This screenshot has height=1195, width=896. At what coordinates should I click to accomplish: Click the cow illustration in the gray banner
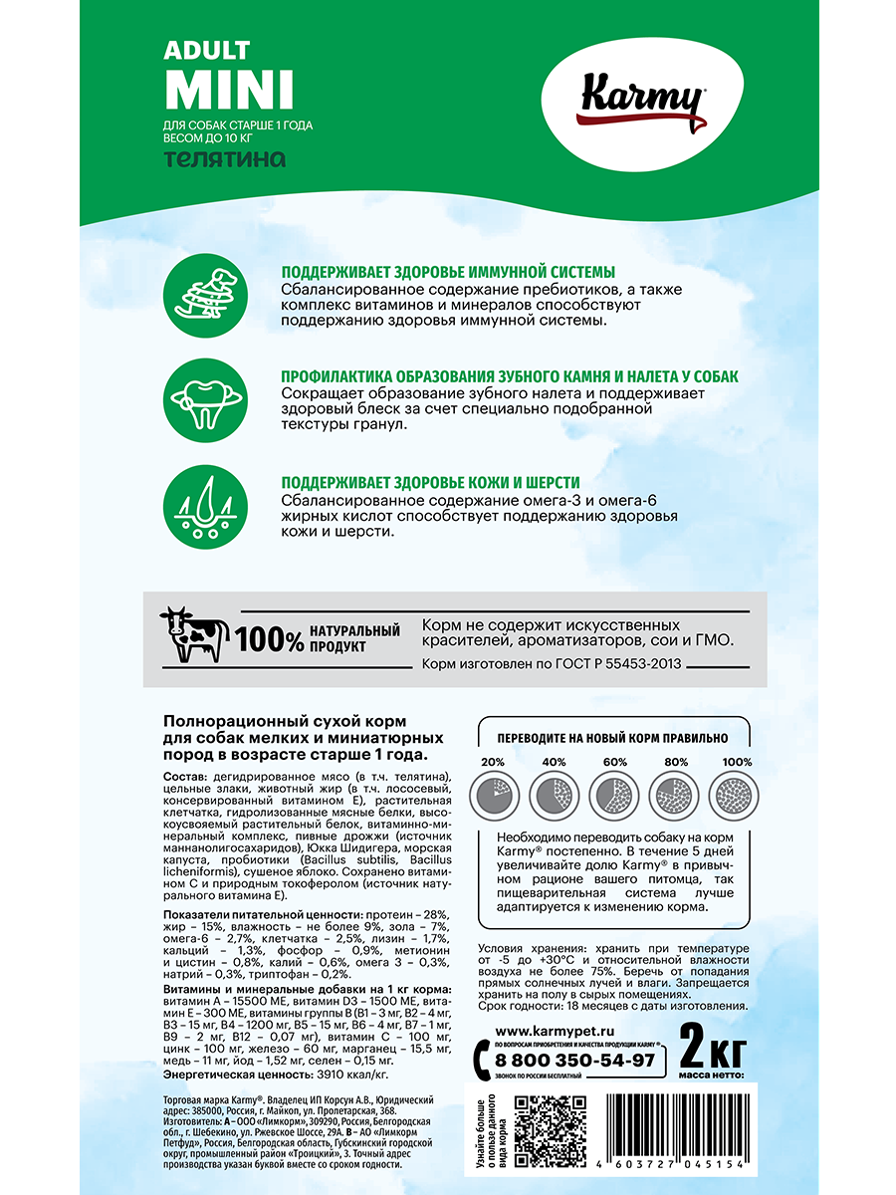tap(193, 635)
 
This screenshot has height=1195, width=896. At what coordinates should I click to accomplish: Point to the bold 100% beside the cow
tap(270, 640)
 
